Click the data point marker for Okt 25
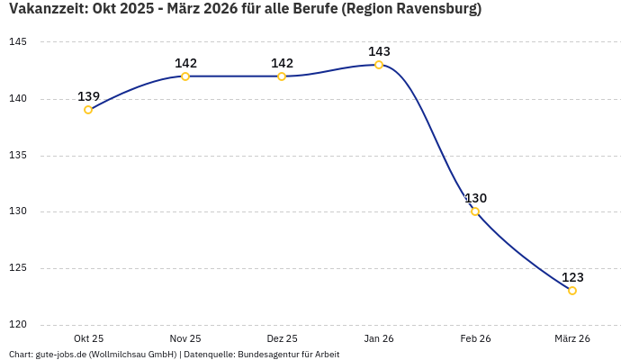click(x=88, y=110)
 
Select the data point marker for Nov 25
click(x=185, y=76)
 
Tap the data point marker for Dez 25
click(x=282, y=76)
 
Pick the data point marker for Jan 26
click(x=379, y=65)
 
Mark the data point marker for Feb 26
click(x=475, y=211)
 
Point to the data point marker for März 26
click(x=572, y=291)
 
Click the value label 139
click(x=88, y=96)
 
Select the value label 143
click(x=379, y=51)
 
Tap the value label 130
click(x=475, y=198)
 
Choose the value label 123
click(x=572, y=277)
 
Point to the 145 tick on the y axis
click(x=18, y=42)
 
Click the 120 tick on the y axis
click(x=18, y=325)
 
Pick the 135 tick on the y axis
click(x=18, y=156)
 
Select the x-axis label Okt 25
click(x=88, y=338)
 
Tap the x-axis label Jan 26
click(x=379, y=338)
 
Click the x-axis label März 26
click(x=572, y=338)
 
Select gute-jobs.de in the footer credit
click(x=61, y=355)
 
